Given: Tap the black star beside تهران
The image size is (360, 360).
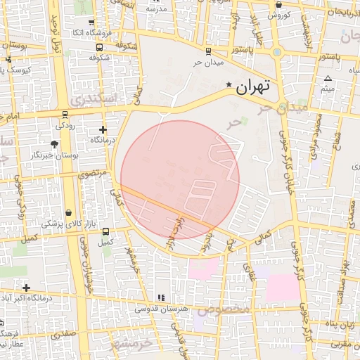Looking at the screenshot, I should [228, 86].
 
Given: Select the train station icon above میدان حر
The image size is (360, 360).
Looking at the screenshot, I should [207, 51].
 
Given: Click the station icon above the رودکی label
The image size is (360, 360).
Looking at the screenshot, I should [65, 114].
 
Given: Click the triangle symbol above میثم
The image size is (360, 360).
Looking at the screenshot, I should [328, 78].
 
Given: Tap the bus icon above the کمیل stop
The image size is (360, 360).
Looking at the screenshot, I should [105, 231].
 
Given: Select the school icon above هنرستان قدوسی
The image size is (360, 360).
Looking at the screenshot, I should [161, 298].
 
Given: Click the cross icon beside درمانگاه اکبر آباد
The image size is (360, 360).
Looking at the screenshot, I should [26, 288].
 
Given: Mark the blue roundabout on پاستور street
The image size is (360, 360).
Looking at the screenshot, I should [278, 51].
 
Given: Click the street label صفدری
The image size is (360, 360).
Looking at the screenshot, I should [63, 334].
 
